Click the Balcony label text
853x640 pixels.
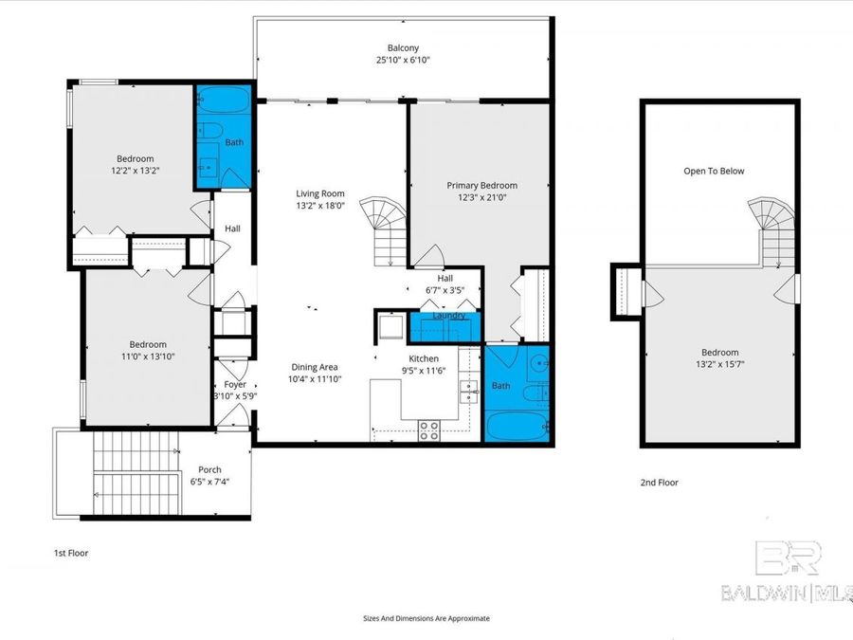click(402, 47)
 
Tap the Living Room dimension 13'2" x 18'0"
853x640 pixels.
click(319, 205)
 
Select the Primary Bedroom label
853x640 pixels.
click(482, 186)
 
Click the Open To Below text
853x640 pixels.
click(714, 172)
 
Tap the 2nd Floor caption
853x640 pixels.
click(659, 483)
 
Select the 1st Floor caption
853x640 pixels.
click(70, 552)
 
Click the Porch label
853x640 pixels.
click(209, 469)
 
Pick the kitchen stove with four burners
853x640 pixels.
click(428, 430)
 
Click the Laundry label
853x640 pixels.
click(447, 316)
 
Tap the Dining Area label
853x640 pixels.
click(315, 367)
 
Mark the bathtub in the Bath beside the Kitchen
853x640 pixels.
click(517, 424)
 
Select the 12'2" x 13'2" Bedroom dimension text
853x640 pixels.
click(135, 171)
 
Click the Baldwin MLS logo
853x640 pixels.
click(786, 575)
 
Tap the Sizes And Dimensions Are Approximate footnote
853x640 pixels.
click(426, 618)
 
